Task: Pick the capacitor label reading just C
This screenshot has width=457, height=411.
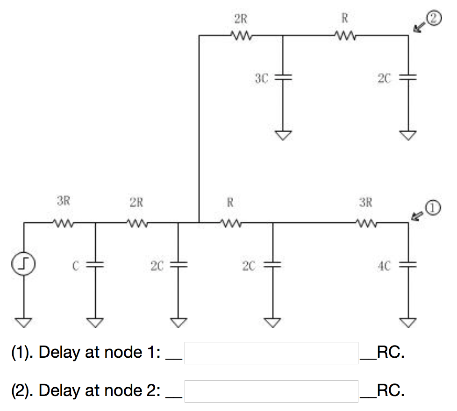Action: (x=74, y=266)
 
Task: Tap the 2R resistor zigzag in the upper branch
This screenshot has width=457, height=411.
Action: (x=242, y=35)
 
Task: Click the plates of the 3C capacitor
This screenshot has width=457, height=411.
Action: (x=283, y=78)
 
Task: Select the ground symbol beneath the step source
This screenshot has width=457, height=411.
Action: (x=24, y=322)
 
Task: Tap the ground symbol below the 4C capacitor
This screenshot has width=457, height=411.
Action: (x=408, y=322)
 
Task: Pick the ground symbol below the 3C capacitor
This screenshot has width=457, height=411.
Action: (x=283, y=135)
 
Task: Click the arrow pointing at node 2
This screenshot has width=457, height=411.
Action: (x=420, y=27)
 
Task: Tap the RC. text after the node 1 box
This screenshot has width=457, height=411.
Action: (x=390, y=353)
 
